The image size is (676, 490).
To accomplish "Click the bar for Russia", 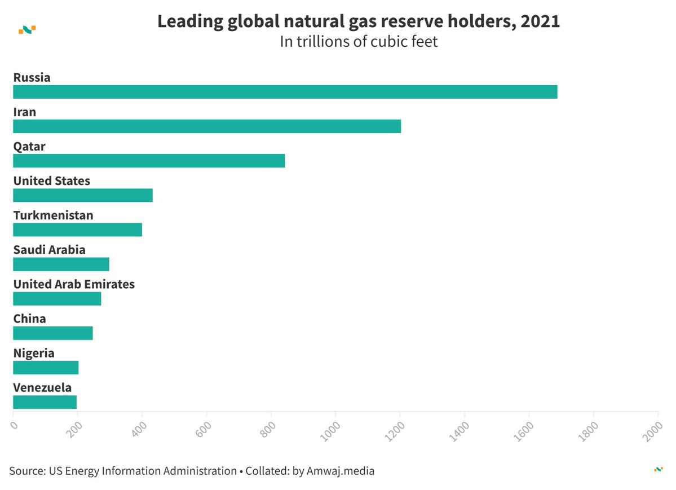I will coord(285,92).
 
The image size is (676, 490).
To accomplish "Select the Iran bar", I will coord(207,126).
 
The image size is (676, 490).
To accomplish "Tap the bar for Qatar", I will coord(149,161).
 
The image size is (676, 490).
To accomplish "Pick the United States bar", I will coord(83,195).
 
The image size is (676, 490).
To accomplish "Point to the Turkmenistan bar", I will coord(77,229).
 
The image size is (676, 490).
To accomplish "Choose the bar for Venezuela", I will coord(45,402).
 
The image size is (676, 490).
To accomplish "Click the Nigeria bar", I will coord(46,368).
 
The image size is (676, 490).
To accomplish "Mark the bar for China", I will coord(52,333).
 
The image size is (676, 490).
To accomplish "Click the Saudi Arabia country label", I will coord(50,250).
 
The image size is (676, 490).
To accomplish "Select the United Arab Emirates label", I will coord(74,284).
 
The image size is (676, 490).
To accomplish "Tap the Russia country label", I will coord(32,77).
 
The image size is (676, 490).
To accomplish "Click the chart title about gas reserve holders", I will coord(359,21).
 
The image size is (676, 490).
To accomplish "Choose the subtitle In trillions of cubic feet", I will coord(359,42).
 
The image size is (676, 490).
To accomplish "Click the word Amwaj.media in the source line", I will coord(341,470).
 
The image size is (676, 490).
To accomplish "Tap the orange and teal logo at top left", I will coord(27,29).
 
